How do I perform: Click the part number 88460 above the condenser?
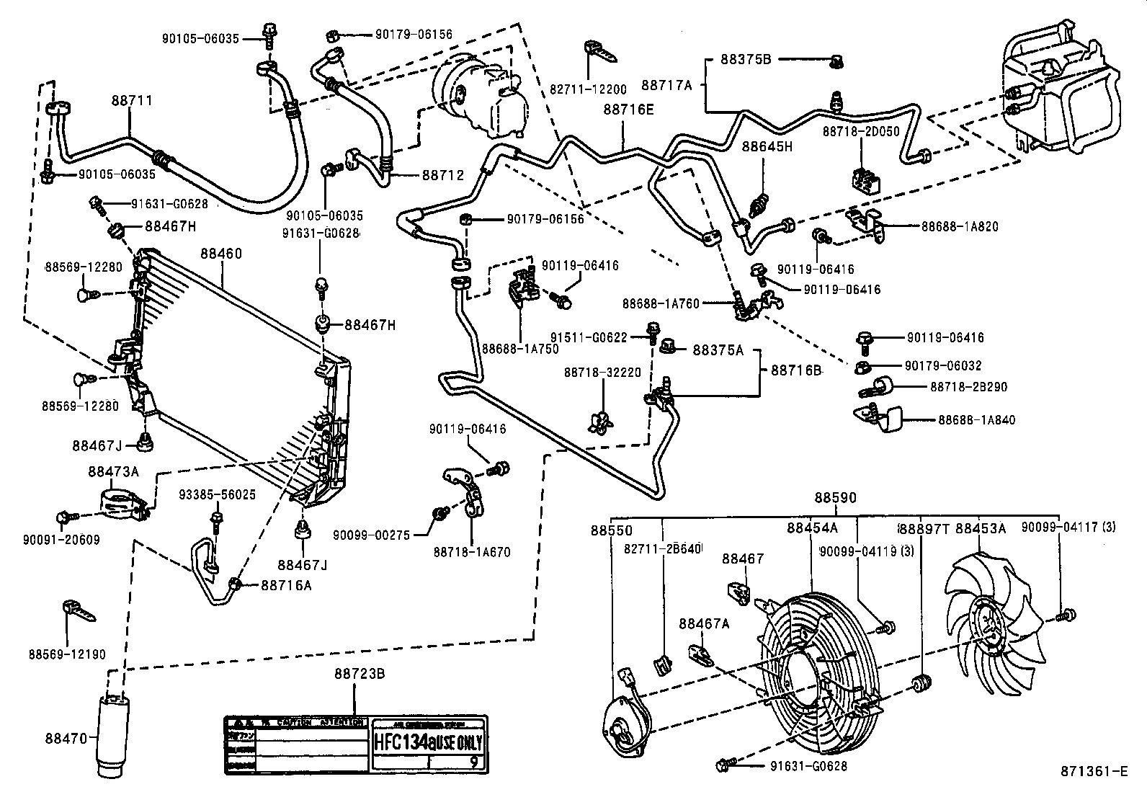click(220, 254)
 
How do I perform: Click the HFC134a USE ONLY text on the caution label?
click(428, 742)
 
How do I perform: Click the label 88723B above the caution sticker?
click(359, 674)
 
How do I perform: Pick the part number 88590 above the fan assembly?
click(835, 498)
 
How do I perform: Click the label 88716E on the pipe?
click(628, 109)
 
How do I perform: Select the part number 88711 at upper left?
click(131, 100)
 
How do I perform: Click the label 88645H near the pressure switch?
click(767, 147)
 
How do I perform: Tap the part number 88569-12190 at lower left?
click(67, 654)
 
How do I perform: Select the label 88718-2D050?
click(862, 133)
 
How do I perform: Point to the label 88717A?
click(666, 84)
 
